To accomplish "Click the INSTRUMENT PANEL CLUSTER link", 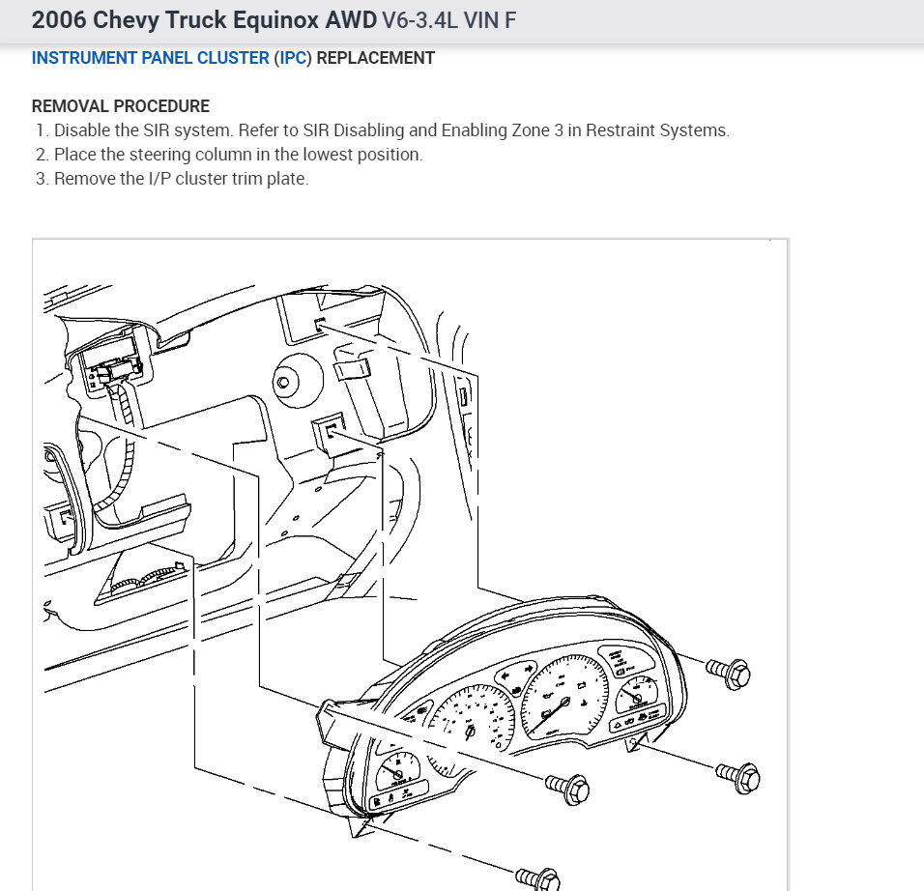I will tap(150, 58).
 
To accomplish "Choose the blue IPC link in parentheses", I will tap(293, 58).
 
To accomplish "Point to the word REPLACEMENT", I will tap(376, 58).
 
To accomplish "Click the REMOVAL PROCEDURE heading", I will tap(120, 106).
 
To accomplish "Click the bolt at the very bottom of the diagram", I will tap(537, 877).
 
